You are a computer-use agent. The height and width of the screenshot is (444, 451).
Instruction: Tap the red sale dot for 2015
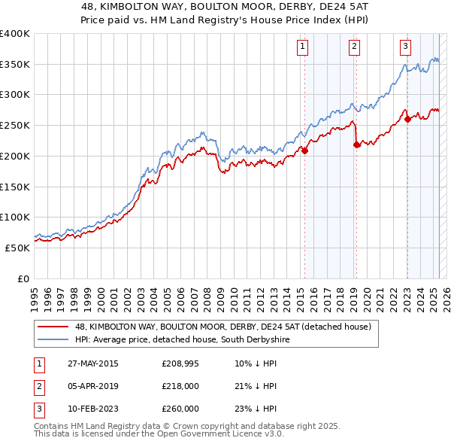(305, 151)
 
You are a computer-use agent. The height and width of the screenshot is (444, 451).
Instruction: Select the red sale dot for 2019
(356, 144)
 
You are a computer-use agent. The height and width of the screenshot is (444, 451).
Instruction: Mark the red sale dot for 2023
(407, 119)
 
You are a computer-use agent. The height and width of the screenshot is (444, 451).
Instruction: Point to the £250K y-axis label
(14, 125)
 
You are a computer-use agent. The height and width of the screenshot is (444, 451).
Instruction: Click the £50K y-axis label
(17, 248)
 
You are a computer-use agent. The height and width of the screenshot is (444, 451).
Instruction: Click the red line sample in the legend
(53, 327)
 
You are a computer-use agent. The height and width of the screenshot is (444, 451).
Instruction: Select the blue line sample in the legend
(53, 340)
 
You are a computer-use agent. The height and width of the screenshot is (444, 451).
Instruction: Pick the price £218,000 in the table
(180, 386)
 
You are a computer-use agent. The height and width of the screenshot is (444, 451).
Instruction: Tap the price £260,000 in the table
(180, 409)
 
